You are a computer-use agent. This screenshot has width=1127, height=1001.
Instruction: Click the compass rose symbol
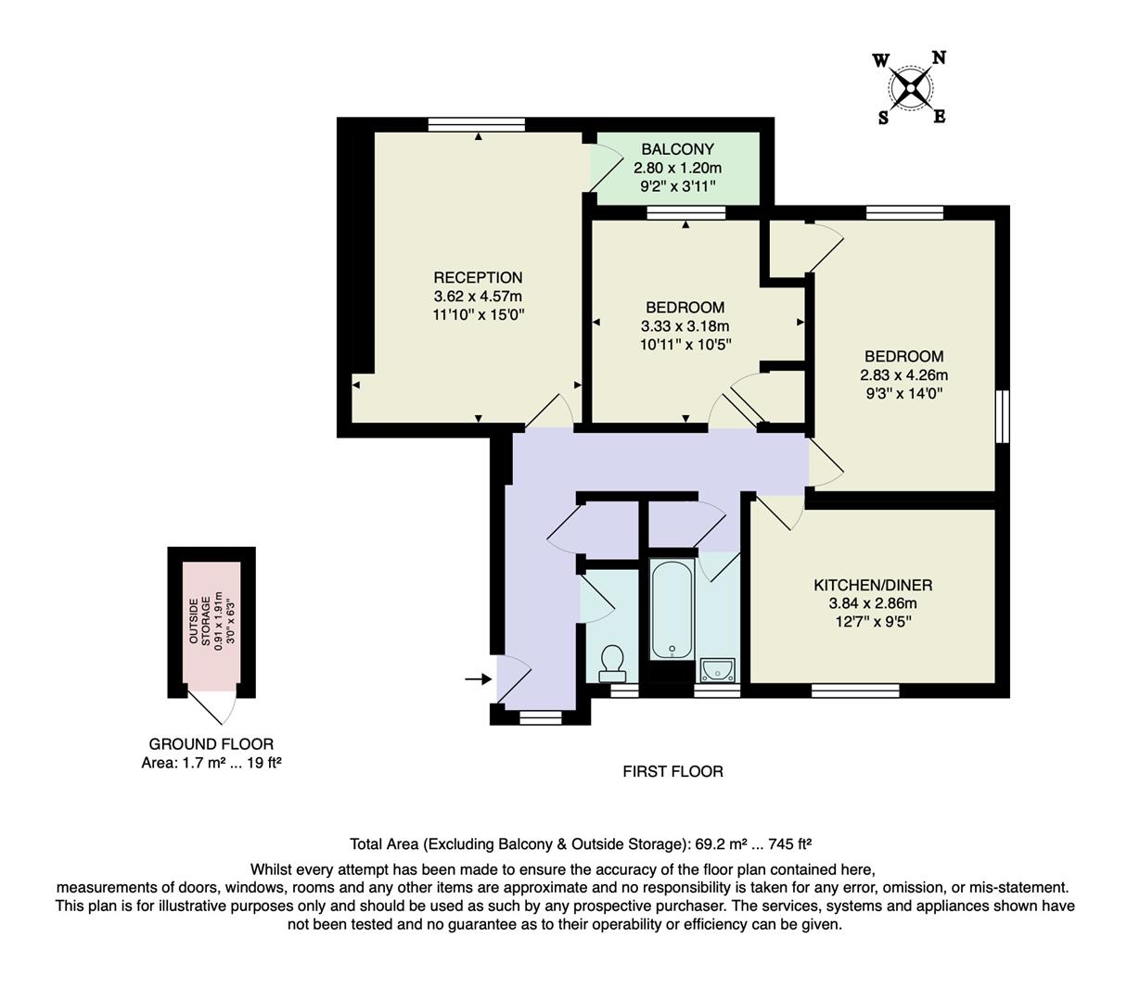pos(911,89)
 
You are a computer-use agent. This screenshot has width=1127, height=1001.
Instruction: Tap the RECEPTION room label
pos(478,277)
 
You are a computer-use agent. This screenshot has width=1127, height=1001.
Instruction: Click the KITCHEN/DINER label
pos(873,585)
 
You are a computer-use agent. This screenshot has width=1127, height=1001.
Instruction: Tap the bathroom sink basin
pos(717,668)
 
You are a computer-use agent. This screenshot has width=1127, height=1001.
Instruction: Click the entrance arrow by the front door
pos(477,679)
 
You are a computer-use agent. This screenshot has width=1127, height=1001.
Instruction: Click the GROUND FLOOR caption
pos(211,743)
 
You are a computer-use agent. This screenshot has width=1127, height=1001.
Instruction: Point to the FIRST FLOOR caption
pos(672,771)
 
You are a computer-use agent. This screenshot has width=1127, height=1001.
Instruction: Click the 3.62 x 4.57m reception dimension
pos(478,297)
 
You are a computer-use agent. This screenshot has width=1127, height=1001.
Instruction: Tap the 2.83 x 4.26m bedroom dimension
pos(903,375)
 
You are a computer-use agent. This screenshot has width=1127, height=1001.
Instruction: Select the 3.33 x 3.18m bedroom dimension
pos(685,326)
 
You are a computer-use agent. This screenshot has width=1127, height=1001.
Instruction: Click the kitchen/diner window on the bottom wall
pos(854,691)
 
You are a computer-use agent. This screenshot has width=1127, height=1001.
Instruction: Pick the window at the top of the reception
pos(477,124)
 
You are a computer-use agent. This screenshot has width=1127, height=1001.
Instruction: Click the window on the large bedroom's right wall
pos(1002,416)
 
